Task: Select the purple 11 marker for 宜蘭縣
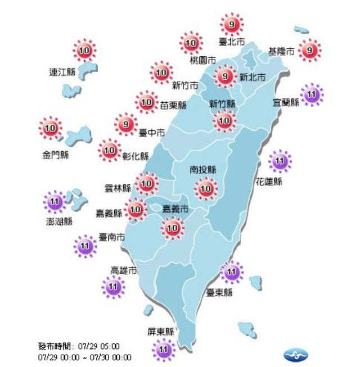[312, 94]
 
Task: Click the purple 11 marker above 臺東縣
[231, 273]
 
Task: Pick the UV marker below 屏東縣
[164, 351]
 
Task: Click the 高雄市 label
[124, 270]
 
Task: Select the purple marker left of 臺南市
[85, 245]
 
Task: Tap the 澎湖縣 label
[60, 221]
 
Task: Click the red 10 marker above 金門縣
[51, 129]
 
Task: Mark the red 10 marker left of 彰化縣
[109, 151]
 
